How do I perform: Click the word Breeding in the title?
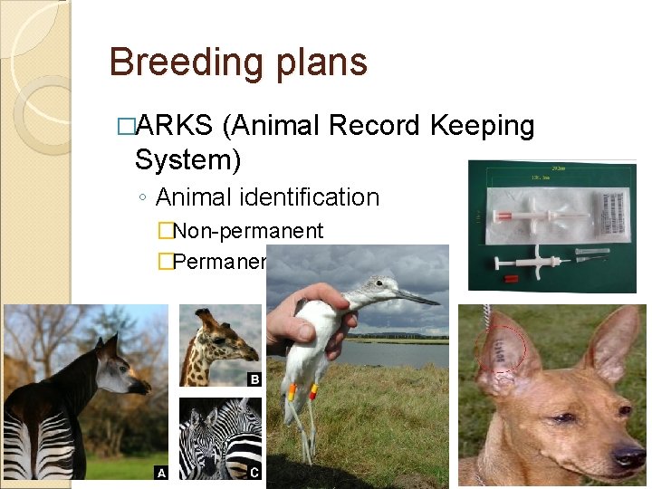(x=173, y=62)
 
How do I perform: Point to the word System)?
(x=187, y=160)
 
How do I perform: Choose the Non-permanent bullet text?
(x=247, y=233)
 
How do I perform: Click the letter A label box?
(x=161, y=472)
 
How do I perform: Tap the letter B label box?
(x=254, y=379)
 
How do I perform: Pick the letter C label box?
(x=254, y=472)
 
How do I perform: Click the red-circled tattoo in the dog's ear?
(x=498, y=354)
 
